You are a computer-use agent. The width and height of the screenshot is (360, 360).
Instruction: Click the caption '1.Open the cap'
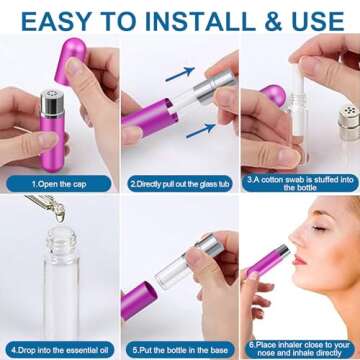(x=59, y=184)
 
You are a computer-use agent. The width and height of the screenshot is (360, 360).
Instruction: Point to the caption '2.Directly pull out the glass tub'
(x=180, y=184)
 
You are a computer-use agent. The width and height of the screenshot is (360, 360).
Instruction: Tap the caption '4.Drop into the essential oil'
(x=59, y=351)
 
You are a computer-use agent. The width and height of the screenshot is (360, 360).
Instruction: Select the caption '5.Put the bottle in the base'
(x=180, y=351)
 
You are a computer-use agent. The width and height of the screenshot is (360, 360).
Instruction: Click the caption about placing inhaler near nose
(x=300, y=346)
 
